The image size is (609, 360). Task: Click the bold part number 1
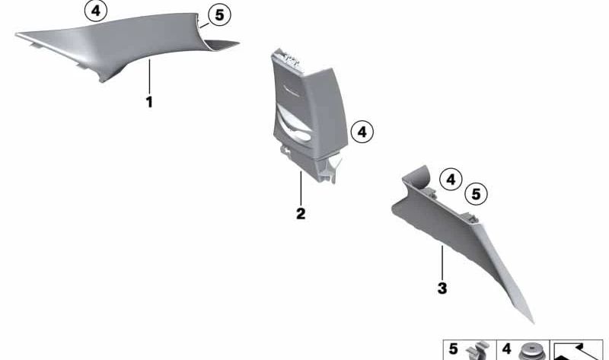click(x=149, y=102)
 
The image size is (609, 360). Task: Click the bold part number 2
click(x=301, y=214)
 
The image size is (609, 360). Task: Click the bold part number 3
click(x=442, y=288)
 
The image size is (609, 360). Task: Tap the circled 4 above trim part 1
click(x=96, y=11)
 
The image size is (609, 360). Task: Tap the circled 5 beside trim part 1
click(x=219, y=15)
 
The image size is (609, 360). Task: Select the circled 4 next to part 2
click(x=362, y=132)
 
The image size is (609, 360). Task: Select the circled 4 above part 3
click(x=451, y=180)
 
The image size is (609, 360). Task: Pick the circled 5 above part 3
click(x=477, y=193)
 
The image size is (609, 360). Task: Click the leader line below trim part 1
click(x=149, y=77)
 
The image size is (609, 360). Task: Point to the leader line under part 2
click(x=301, y=188)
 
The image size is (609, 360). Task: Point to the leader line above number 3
click(x=442, y=263)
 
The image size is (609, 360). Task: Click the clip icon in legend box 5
click(x=479, y=351)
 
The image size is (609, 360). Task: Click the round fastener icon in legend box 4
click(x=531, y=352)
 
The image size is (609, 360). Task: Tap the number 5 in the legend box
click(x=453, y=349)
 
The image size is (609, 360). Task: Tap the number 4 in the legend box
click(x=506, y=349)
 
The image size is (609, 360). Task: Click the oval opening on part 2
click(x=300, y=136)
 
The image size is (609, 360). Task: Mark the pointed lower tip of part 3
click(x=534, y=323)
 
